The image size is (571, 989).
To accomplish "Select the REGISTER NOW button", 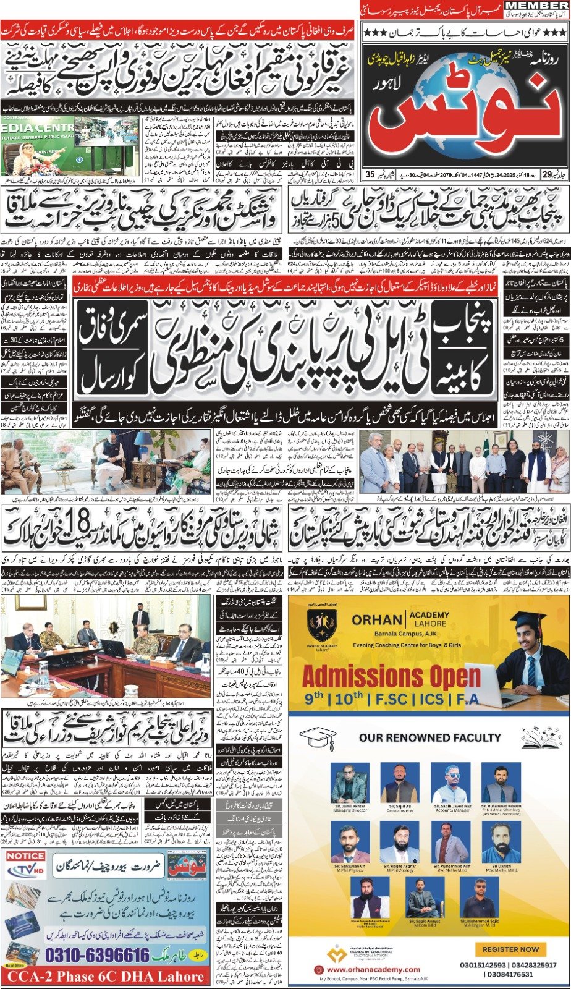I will (x=510, y=949).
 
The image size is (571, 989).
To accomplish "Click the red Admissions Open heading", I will (x=391, y=677).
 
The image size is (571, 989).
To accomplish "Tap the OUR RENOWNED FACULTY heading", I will (x=429, y=737).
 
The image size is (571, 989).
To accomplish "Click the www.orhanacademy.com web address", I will (x=371, y=970).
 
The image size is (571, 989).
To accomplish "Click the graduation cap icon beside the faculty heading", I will (x=316, y=737).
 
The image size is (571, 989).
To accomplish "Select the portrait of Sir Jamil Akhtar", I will (x=350, y=784).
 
